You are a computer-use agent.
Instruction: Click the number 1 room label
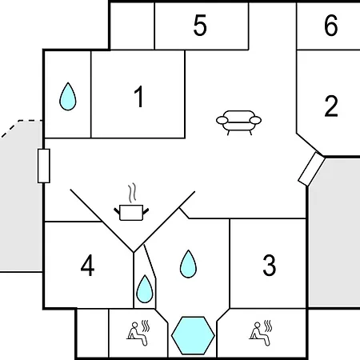click(139, 97)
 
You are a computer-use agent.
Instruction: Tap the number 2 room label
click(331, 106)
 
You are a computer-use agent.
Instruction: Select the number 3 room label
click(270, 265)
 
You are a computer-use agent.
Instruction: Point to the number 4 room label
click(87, 266)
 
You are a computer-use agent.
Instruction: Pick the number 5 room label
click(200, 26)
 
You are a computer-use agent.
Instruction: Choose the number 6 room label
click(331, 26)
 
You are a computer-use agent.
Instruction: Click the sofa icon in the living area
click(238, 122)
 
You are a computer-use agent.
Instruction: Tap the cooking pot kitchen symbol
click(131, 213)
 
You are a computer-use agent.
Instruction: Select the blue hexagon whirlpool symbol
click(193, 335)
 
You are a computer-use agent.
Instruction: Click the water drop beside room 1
click(68, 97)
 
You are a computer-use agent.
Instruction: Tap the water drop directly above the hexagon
click(188, 264)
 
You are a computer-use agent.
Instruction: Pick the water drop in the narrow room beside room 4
click(145, 289)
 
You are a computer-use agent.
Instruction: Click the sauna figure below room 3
click(261, 334)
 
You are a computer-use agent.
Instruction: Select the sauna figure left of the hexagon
click(138, 334)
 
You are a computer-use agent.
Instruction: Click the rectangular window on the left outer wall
click(44, 166)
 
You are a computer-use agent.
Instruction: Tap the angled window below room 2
click(311, 169)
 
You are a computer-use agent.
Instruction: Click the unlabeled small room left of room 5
click(132, 26)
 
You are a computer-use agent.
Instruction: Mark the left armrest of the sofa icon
click(222, 120)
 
